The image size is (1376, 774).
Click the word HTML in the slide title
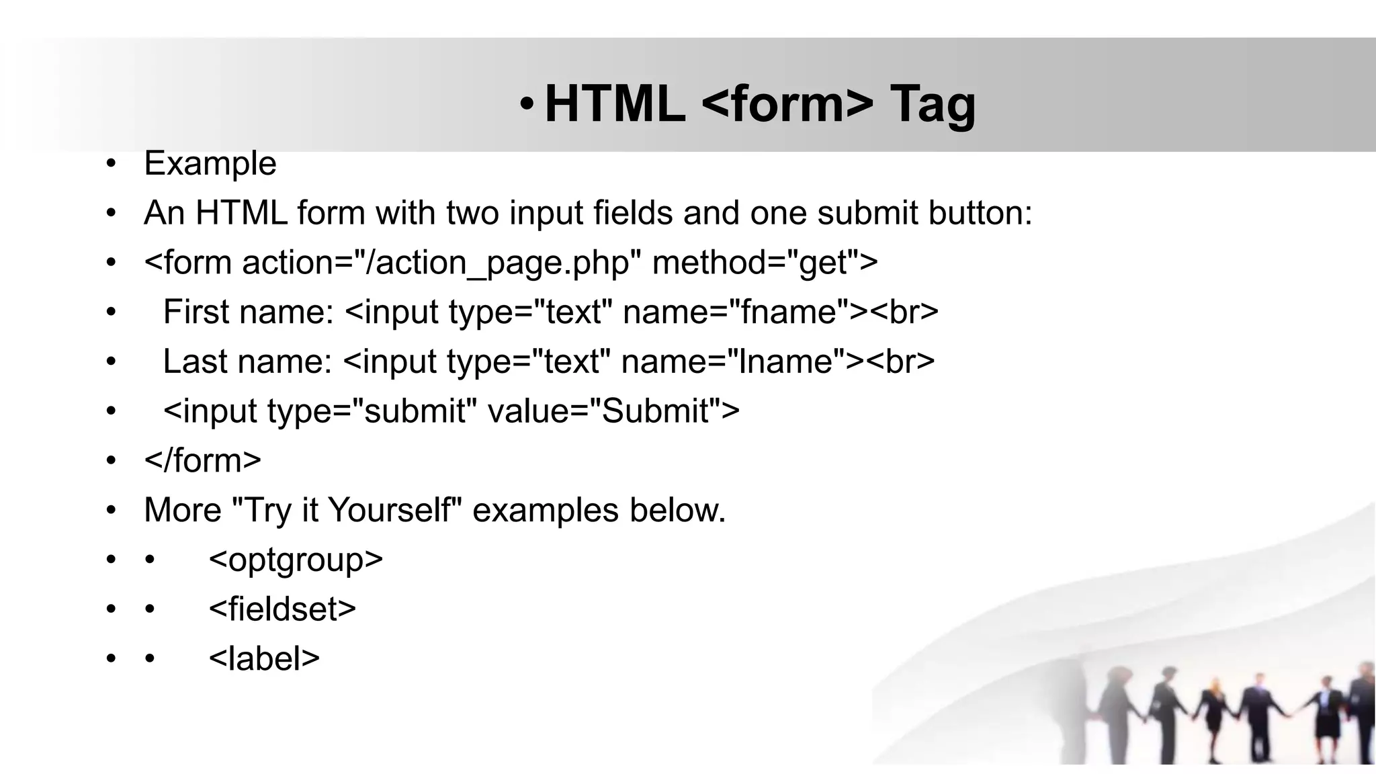(614, 104)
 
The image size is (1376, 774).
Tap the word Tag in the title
(932, 104)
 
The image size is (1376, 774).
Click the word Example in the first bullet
(210, 163)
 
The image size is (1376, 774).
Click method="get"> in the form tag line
(765, 262)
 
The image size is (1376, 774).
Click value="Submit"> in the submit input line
(613, 411)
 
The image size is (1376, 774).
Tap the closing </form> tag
(202, 460)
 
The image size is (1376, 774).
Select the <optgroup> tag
(296, 560)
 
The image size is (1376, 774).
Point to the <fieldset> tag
(282, 609)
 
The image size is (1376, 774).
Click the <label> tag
(264, 658)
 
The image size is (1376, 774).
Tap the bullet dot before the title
(527, 104)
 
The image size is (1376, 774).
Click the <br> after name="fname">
(905, 312)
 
